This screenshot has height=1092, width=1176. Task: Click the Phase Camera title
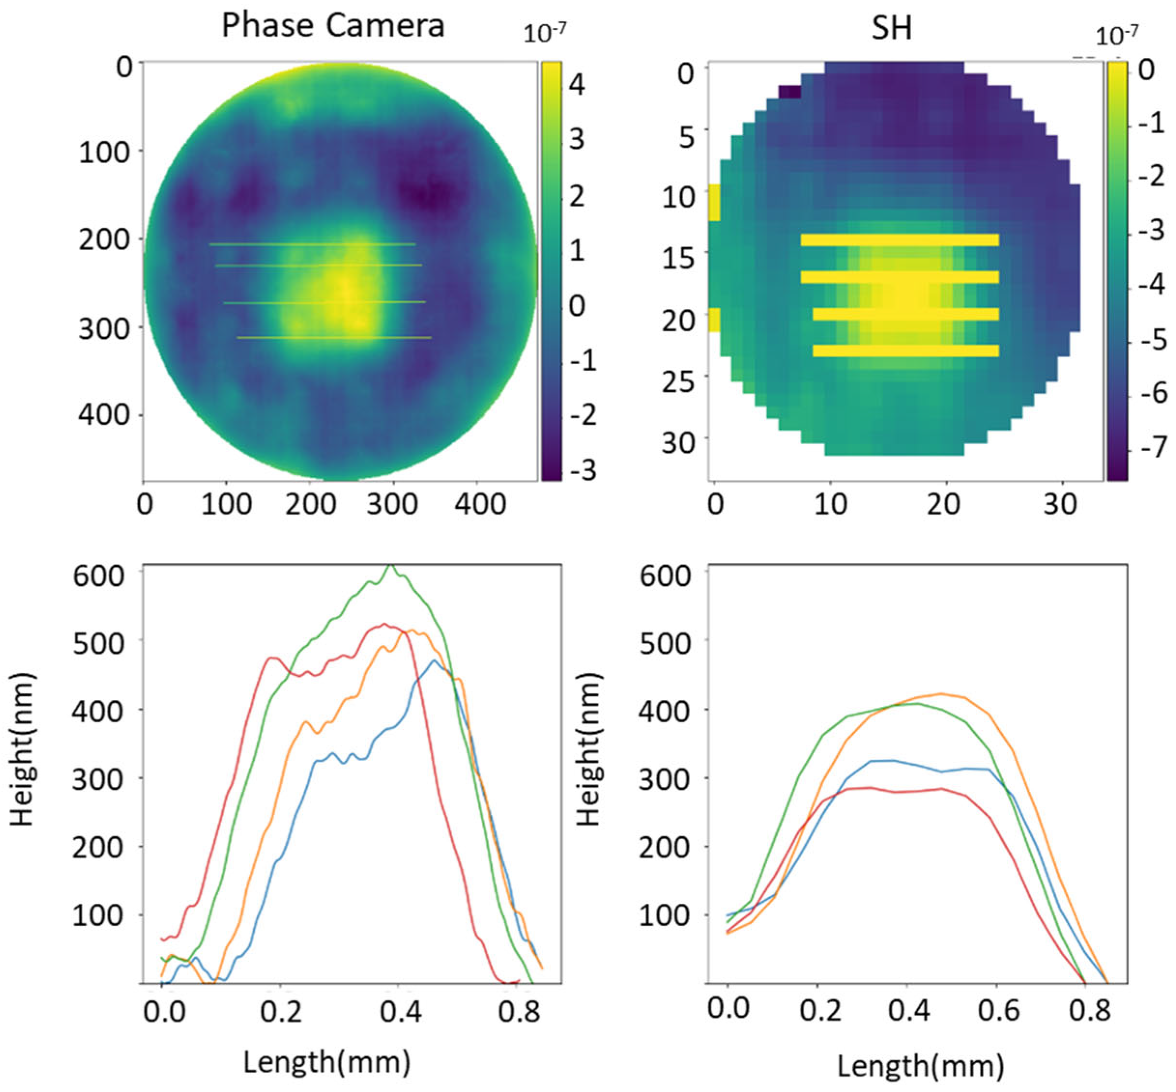click(332, 26)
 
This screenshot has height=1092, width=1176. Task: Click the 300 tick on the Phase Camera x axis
click(391, 504)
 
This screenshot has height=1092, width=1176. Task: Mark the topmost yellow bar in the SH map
click(899, 239)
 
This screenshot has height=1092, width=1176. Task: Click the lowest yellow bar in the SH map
click(905, 351)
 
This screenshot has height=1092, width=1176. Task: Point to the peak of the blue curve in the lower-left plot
click(434, 661)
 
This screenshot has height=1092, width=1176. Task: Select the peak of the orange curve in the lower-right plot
click(941, 694)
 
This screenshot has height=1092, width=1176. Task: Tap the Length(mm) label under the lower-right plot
click(920, 1066)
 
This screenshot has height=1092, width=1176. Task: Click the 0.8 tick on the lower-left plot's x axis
click(518, 1011)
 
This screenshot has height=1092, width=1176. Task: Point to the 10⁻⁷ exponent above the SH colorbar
click(1116, 36)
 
